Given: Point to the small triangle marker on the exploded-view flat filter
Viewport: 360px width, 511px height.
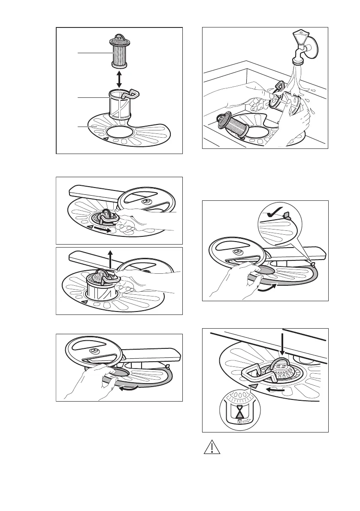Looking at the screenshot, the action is (x=105, y=139).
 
